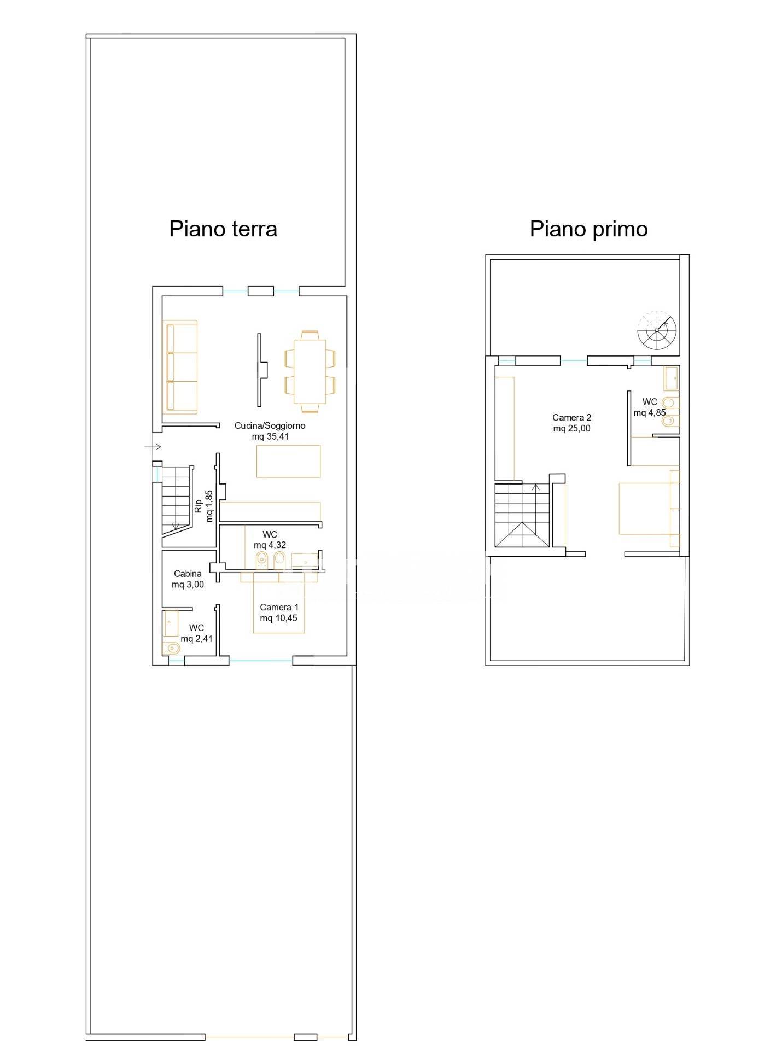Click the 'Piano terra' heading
coord(223,229)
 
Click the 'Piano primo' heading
coord(588,229)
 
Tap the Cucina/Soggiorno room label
coord(270,425)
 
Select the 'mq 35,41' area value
coord(270,437)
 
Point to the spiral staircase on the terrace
coord(657,331)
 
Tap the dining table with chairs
coord(310,371)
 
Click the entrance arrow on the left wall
coord(153,447)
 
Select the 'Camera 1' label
coord(279,607)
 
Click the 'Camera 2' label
coord(572,418)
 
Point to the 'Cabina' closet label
coord(188,574)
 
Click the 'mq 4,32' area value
coord(270,545)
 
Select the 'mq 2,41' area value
coord(197,639)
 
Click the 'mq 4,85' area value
coord(650,413)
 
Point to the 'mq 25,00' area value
coord(572,429)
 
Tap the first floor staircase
coord(522,515)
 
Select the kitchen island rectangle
coord(288,461)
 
